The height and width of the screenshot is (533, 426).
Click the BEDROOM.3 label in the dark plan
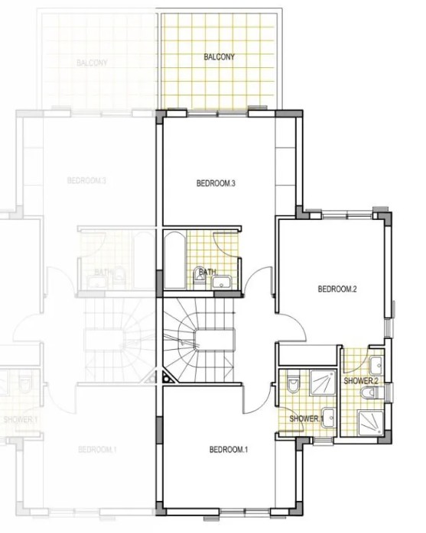[x=215, y=183]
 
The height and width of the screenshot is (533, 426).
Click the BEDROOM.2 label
[x=337, y=289]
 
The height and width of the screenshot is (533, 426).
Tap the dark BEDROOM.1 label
[x=229, y=450]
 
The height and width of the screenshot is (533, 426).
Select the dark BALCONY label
[x=220, y=57]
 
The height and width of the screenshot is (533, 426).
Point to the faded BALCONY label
[x=91, y=63]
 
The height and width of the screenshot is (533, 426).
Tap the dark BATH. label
[x=208, y=272]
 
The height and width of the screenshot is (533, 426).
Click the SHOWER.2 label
[x=361, y=380]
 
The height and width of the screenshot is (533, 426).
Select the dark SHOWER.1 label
[x=304, y=418]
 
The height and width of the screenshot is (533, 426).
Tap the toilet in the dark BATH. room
[x=199, y=280]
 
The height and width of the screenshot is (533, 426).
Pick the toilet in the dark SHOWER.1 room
[x=292, y=384]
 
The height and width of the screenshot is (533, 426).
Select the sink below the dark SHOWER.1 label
[x=329, y=417]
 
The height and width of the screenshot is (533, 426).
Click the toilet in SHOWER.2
[x=370, y=392]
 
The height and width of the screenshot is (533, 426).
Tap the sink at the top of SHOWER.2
[x=376, y=363]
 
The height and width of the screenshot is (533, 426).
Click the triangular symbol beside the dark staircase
[x=167, y=376]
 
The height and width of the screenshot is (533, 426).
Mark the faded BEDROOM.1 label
[x=97, y=449]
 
